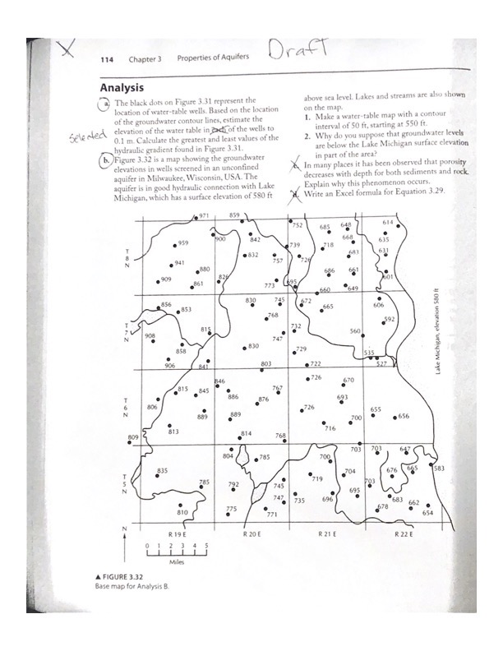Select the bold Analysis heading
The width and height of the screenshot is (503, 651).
click(x=122, y=87)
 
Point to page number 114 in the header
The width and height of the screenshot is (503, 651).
click(x=107, y=59)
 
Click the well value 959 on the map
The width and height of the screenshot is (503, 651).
click(x=183, y=243)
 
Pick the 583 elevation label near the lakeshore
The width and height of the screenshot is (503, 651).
click(x=439, y=468)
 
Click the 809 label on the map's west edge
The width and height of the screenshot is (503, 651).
click(x=133, y=436)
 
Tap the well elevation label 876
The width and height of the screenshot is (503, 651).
click(x=263, y=399)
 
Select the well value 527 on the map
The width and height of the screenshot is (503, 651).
click(x=381, y=363)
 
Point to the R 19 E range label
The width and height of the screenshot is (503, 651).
click(x=174, y=533)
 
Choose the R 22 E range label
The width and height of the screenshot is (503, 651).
click(x=404, y=533)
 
